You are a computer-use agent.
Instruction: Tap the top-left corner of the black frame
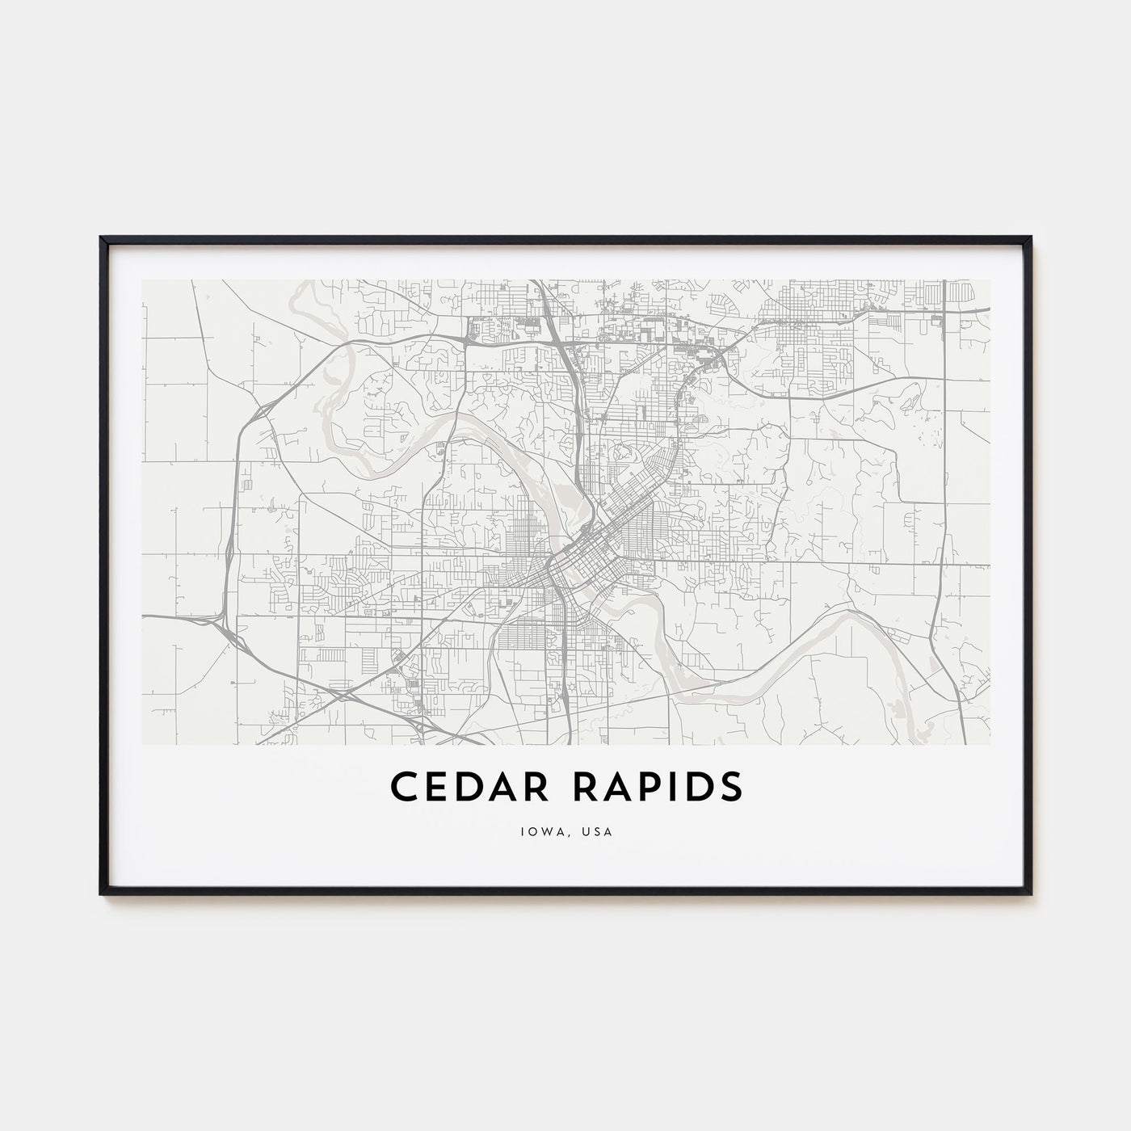[101, 238]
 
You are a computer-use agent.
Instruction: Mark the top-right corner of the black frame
[1032, 238]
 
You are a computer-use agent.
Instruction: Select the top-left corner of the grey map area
[142, 280]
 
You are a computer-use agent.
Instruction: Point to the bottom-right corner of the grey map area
[990, 744]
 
